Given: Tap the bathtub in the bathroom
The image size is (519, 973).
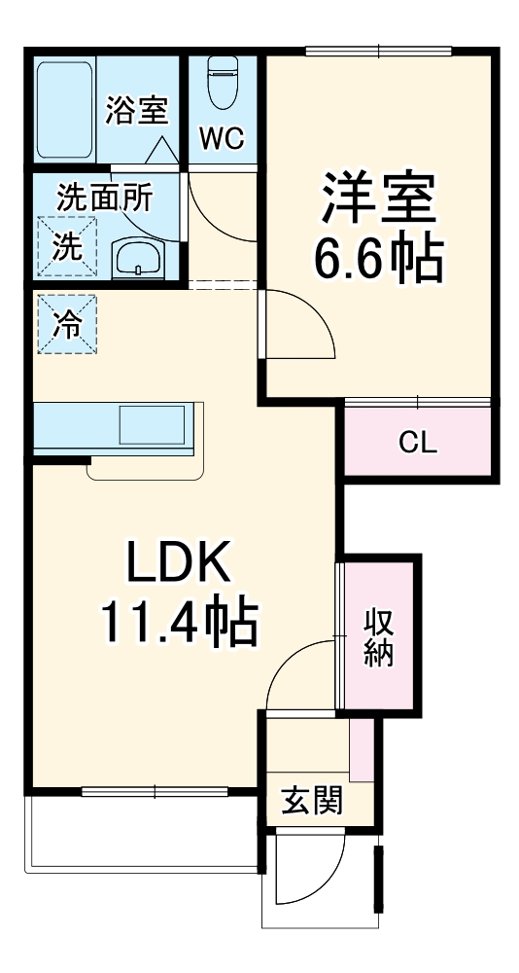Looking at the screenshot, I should click(64, 109).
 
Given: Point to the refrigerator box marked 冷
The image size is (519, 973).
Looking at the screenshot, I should click(67, 324).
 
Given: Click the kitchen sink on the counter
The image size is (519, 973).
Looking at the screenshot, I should click(153, 425).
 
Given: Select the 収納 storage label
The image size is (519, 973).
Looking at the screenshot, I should click(379, 637).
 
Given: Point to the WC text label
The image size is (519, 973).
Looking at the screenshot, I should click(223, 139).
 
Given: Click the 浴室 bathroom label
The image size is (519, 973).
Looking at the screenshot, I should click(136, 110).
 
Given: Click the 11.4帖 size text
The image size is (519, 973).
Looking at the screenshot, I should click(181, 623).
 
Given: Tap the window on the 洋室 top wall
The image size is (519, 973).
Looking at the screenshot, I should click(378, 51).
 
